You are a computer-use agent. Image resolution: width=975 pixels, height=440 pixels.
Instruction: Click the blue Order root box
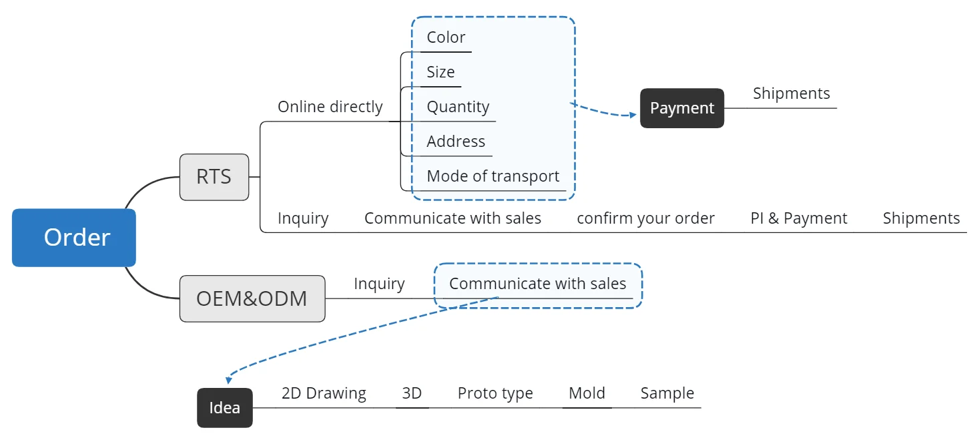point(74,238)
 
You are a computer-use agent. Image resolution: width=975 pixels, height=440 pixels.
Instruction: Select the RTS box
point(214,177)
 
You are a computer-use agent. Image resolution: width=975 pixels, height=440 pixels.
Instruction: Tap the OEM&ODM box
point(252,298)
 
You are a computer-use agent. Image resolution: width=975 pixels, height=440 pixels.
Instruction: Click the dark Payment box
point(682,108)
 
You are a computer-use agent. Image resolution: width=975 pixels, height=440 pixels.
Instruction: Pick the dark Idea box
point(225,407)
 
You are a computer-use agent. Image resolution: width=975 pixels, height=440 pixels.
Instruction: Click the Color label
point(446,37)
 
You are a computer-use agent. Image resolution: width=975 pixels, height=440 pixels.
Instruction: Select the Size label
point(440,72)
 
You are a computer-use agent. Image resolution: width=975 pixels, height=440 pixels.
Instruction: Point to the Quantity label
point(458,107)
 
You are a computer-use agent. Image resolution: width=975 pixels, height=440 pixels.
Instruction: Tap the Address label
point(456,142)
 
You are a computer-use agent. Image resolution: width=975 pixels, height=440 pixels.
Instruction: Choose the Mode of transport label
point(493,176)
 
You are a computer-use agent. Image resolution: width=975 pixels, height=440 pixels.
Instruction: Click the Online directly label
point(330,107)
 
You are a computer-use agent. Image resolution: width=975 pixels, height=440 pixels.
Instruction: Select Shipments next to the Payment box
point(791,93)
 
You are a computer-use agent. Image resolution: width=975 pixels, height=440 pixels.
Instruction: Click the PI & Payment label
point(799,218)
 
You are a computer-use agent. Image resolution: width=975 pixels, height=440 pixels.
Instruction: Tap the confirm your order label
point(645,218)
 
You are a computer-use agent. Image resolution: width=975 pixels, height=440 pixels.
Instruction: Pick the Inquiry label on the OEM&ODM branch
point(379,284)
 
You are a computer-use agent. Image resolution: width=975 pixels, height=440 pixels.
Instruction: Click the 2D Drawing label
point(324,393)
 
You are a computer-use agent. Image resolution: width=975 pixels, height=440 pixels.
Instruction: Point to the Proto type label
point(495,393)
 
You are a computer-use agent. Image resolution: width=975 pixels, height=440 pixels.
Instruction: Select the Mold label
point(587,393)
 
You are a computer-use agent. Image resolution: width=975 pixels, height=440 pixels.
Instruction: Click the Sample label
point(667,393)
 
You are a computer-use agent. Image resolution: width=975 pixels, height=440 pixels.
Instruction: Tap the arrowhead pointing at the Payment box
point(633,115)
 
